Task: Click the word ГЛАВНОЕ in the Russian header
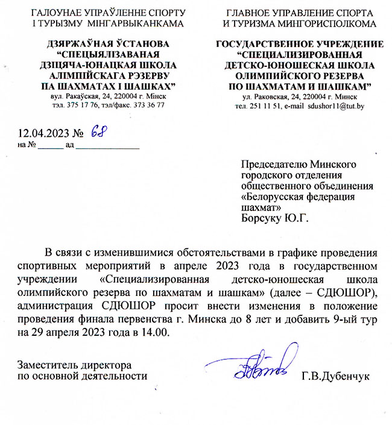(247, 12)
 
